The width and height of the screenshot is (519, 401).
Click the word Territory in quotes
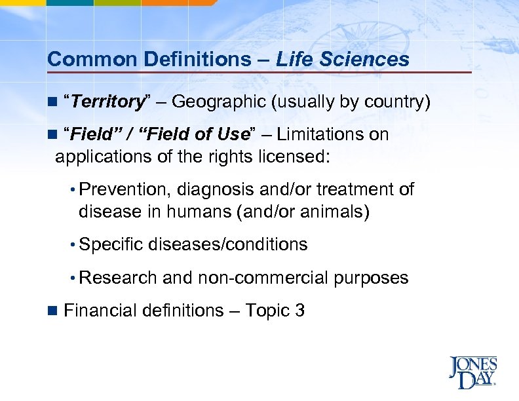coord(107,102)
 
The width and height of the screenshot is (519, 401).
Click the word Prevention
coord(124,190)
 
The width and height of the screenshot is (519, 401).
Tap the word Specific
coord(111,245)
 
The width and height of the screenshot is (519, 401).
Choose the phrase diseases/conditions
coord(228,245)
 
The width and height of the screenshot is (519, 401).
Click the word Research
coord(118,278)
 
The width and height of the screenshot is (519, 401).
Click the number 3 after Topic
coord(299,310)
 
